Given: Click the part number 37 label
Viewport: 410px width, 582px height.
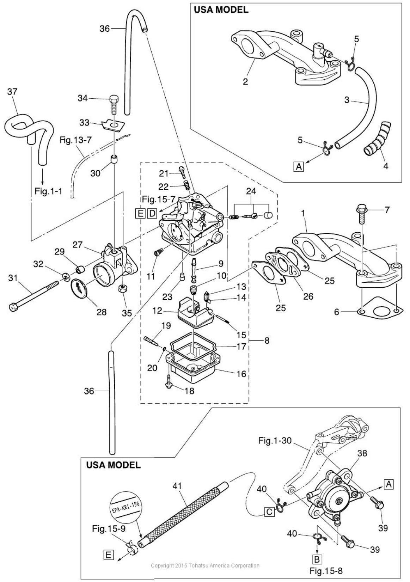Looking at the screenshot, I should point(12,92).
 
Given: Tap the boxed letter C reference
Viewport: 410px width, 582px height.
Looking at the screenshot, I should point(269,511).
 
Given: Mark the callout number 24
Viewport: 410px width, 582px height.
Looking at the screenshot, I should point(251,191).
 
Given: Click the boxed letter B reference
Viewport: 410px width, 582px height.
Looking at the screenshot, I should point(317,559).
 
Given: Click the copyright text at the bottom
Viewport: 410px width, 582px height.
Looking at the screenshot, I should point(205,565).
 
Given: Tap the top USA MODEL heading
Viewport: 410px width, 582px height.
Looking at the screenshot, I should point(221,10).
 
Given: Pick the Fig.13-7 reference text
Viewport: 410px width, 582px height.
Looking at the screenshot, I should point(75,140).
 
